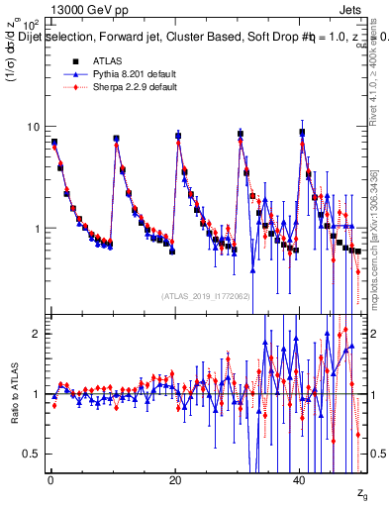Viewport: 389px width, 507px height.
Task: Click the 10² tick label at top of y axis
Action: pyautogui.click(x=31, y=24)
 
